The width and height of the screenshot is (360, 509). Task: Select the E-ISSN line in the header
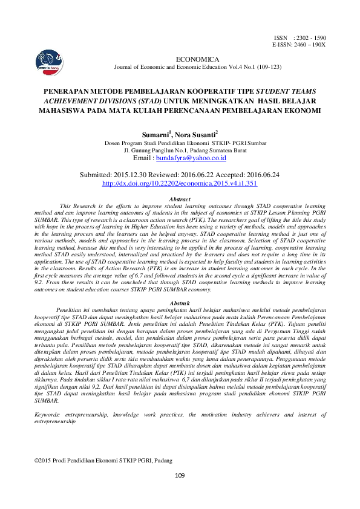pos(299,45)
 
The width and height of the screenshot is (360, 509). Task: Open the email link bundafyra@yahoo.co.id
pos(191,158)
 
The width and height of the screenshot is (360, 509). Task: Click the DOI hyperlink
pos(180,182)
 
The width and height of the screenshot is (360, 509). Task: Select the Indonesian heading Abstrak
pos(180,302)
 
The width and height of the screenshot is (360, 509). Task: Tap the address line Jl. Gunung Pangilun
pos(179,150)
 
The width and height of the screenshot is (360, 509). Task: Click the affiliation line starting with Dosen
pos(179,143)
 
